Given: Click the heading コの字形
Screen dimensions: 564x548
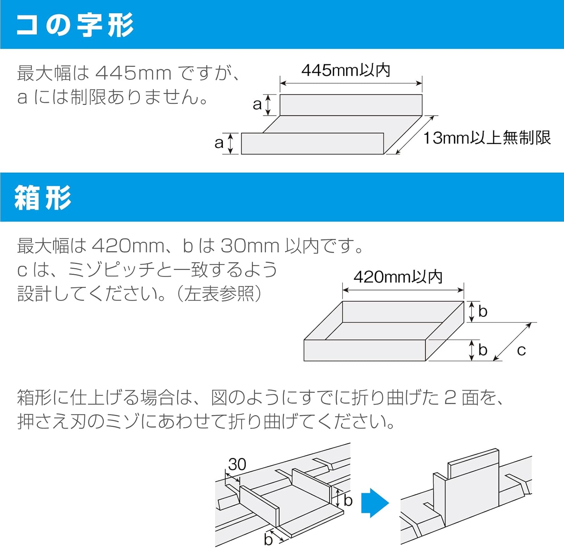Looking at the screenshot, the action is click(x=75, y=25).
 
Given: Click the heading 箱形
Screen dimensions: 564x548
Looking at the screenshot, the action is click(x=43, y=197).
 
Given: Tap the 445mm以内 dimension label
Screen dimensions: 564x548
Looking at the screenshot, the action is click(x=346, y=70).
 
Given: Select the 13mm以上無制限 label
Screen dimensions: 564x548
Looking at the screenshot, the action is click(x=487, y=138).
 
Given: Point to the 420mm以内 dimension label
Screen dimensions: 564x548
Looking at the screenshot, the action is click(x=398, y=277).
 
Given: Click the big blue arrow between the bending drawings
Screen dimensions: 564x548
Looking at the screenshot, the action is click(x=374, y=503).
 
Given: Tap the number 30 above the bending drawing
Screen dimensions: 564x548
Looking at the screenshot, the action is click(x=237, y=465).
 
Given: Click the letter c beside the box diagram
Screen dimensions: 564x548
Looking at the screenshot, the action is click(x=521, y=351).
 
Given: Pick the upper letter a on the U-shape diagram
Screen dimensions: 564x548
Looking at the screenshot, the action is click(x=257, y=105).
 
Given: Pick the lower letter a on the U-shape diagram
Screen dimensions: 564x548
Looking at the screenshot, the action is click(x=219, y=143).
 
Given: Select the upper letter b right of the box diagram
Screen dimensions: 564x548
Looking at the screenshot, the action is click(x=483, y=312).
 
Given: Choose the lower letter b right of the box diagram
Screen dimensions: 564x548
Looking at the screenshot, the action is click(x=483, y=350).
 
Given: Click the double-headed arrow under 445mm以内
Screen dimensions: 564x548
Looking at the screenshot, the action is click(x=351, y=83).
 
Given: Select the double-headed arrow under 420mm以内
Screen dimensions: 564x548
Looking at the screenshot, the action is click(x=403, y=290).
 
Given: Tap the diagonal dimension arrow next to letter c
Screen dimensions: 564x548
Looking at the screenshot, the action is click(x=512, y=342).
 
